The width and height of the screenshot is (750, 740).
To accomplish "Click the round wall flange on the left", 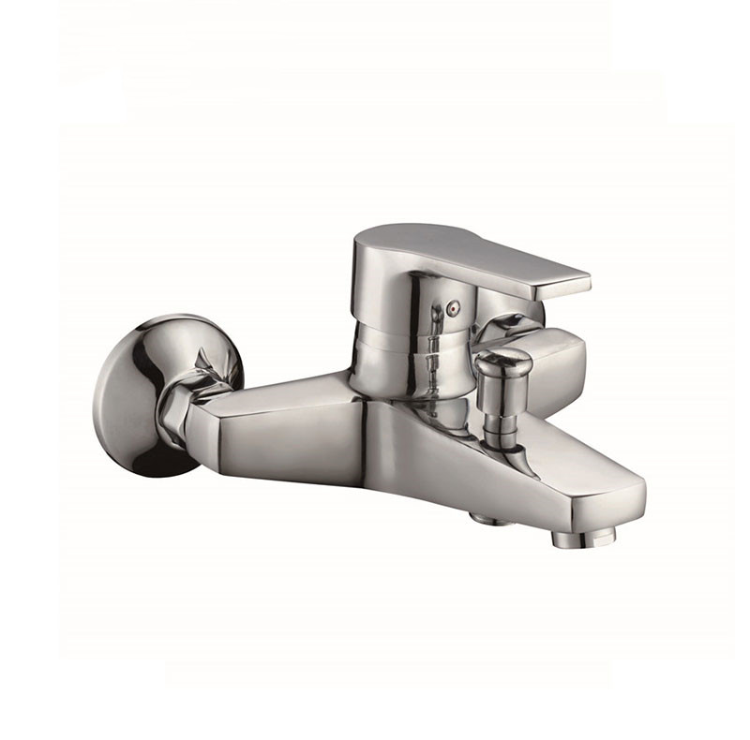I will pyautogui.click(x=141, y=393).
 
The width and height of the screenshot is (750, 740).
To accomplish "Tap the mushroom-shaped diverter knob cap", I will pyautogui.click(x=502, y=362).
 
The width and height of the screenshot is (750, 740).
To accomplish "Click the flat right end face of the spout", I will pyautogui.click(x=628, y=501).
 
